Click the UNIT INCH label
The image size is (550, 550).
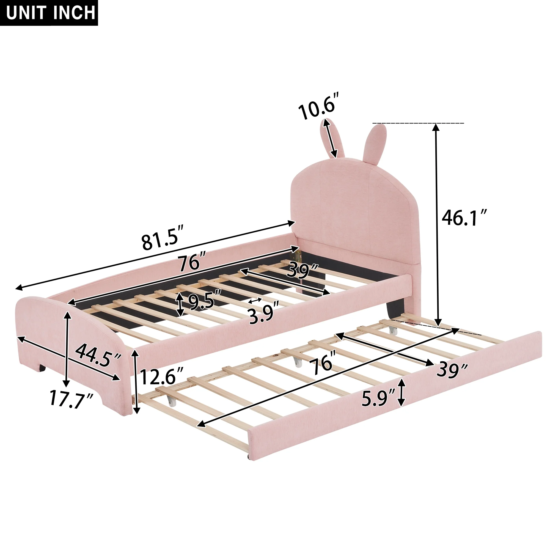(51, 13)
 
